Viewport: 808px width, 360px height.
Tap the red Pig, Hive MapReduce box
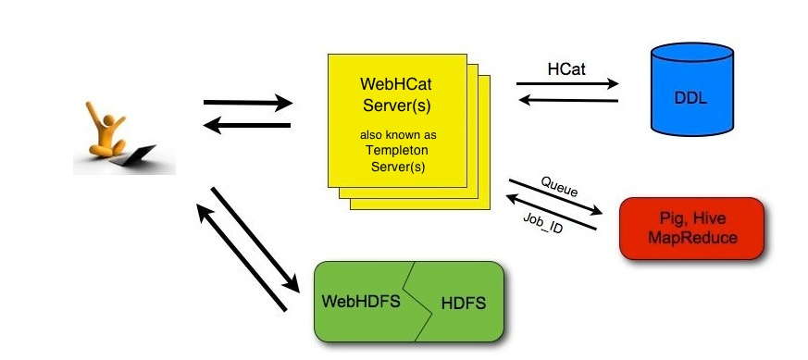coord(692,228)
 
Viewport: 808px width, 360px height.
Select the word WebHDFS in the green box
coord(359,302)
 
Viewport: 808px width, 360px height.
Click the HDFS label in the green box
coord(463,303)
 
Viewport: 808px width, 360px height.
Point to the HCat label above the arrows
coord(567,69)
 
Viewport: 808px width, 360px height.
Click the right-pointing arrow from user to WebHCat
coord(247,102)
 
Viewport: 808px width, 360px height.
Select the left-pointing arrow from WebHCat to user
coord(247,125)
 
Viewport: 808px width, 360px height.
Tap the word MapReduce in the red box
coord(692,238)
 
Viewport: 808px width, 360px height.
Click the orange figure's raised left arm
coord(95,116)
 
